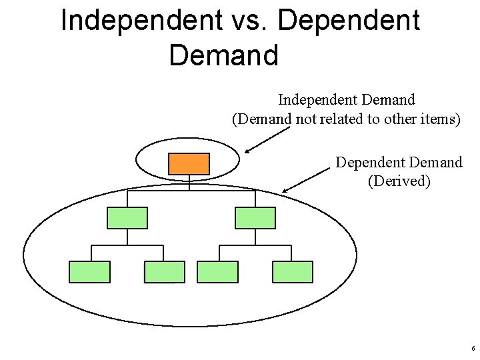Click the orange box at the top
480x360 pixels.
189,164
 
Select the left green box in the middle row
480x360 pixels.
127,218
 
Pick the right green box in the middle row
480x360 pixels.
255,218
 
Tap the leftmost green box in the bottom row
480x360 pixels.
90,272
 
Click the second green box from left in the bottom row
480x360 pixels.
165,272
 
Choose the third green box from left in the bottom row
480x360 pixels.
218,272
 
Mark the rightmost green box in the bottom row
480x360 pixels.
293,272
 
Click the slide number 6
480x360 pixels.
473,349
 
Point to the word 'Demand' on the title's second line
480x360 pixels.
223,55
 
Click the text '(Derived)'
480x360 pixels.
399,181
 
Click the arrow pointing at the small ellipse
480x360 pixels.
267,141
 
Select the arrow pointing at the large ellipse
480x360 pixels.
306,180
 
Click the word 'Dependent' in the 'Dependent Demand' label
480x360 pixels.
367,162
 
